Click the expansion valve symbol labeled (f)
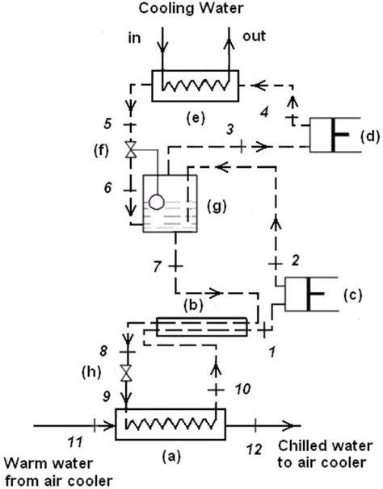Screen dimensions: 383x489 131,149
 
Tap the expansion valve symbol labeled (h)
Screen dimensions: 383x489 127,372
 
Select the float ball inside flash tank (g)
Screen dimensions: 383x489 157,202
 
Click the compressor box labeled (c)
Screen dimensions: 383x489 311,294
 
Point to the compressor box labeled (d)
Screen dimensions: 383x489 335,135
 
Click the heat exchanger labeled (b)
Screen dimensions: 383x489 202,327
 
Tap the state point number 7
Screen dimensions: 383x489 157,266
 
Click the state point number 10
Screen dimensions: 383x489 242,389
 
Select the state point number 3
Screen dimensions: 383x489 230,129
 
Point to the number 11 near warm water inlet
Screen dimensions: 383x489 75,442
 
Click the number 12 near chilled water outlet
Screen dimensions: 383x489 254,449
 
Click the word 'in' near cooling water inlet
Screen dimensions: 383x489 134,38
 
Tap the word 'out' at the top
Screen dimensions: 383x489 254,36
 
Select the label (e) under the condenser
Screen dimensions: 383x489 196,119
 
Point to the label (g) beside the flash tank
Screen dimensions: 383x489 217,207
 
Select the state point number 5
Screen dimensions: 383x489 107,123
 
